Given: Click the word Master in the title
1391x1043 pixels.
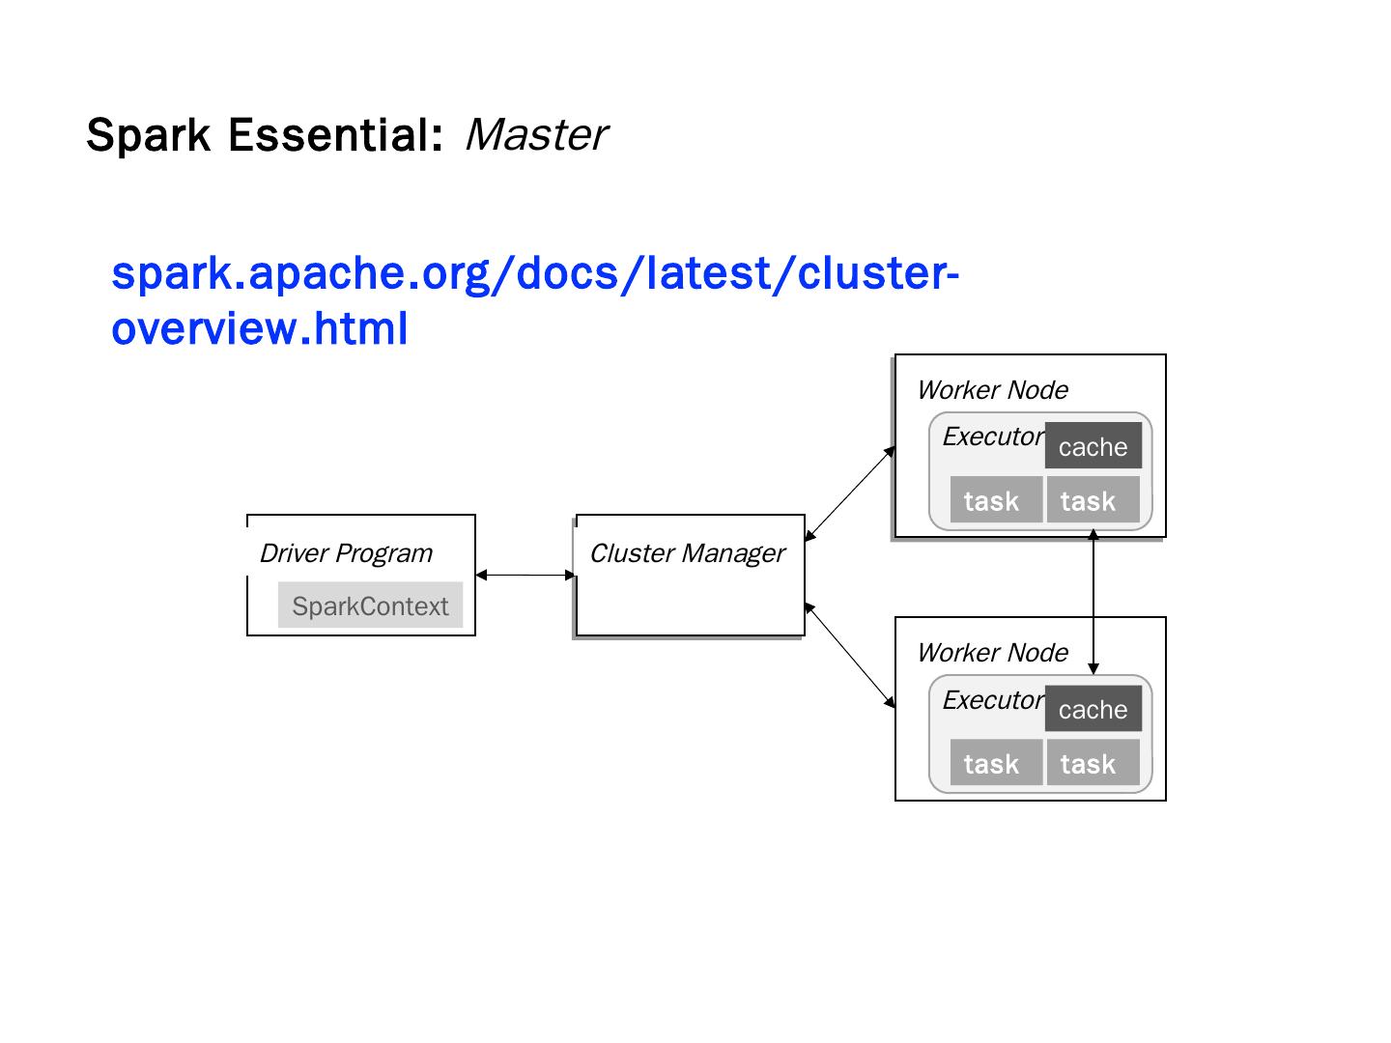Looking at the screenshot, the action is click(x=536, y=135).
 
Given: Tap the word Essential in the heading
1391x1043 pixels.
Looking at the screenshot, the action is click(x=336, y=135).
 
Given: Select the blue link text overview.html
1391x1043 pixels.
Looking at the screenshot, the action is click(x=259, y=328).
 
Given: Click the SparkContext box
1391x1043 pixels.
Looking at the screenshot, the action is click(x=370, y=605).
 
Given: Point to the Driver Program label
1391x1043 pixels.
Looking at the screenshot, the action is click(x=346, y=552).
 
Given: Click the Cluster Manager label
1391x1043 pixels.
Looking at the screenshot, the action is click(x=687, y=552).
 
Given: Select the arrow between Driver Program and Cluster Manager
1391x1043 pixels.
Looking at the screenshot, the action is click(x=525, y=575).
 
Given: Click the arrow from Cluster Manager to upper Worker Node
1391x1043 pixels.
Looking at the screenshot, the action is click(x=850, y=493).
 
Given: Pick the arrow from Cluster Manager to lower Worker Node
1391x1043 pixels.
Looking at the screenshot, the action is click(x=850, y=655).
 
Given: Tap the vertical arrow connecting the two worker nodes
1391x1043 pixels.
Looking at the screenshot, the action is click(x=1093, y=603).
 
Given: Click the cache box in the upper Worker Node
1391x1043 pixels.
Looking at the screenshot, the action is click(x=1093, y=446).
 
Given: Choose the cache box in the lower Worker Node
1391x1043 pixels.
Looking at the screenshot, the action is click(x=1093, y=708).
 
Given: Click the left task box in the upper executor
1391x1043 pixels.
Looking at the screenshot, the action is click(x=996, y=499).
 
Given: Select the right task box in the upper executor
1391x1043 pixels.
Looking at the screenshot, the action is click(x=1093, y=499).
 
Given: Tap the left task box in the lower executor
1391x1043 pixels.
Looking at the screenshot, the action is click(x=996, y=763).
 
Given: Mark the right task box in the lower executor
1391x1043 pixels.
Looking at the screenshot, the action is click(x=1093, y=763).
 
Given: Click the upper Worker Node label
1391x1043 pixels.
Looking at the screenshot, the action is click(x=992, y=390).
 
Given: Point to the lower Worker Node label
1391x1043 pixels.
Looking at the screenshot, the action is click(x=992, y=653).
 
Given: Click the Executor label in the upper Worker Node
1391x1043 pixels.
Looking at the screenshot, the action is click(x=993, y=437).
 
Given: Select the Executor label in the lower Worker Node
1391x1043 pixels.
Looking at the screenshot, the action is click(x=993, y=700).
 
